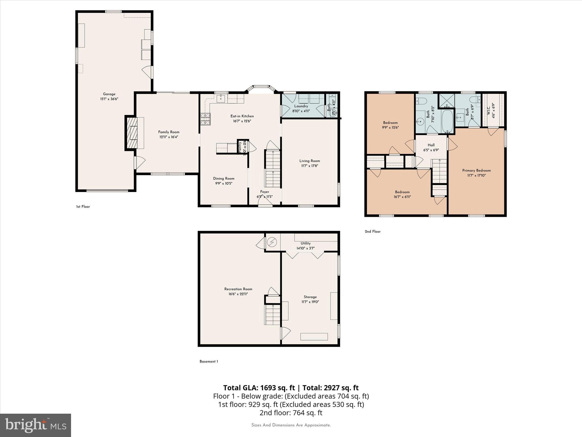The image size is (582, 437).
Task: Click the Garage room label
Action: tap(109, 94)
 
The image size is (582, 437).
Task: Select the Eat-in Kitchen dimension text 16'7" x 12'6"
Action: tap(242, 121)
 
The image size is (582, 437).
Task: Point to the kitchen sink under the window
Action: tap(221, 99)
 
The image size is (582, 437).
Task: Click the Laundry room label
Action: tap(301, 106)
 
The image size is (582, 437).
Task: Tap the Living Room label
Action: tap(309, 161)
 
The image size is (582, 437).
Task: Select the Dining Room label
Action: tap(224, 178)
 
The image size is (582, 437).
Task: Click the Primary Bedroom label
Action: tap(476, 170)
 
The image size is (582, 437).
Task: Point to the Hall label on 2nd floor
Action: tap(431, 145)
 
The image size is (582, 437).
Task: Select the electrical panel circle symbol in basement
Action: tap(272, 242)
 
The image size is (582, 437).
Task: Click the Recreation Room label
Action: tap(238, 289)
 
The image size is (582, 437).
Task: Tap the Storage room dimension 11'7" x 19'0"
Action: tap(310, 302)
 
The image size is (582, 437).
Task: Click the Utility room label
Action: tap(305, 243)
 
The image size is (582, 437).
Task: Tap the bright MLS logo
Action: tap(36, 425)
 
